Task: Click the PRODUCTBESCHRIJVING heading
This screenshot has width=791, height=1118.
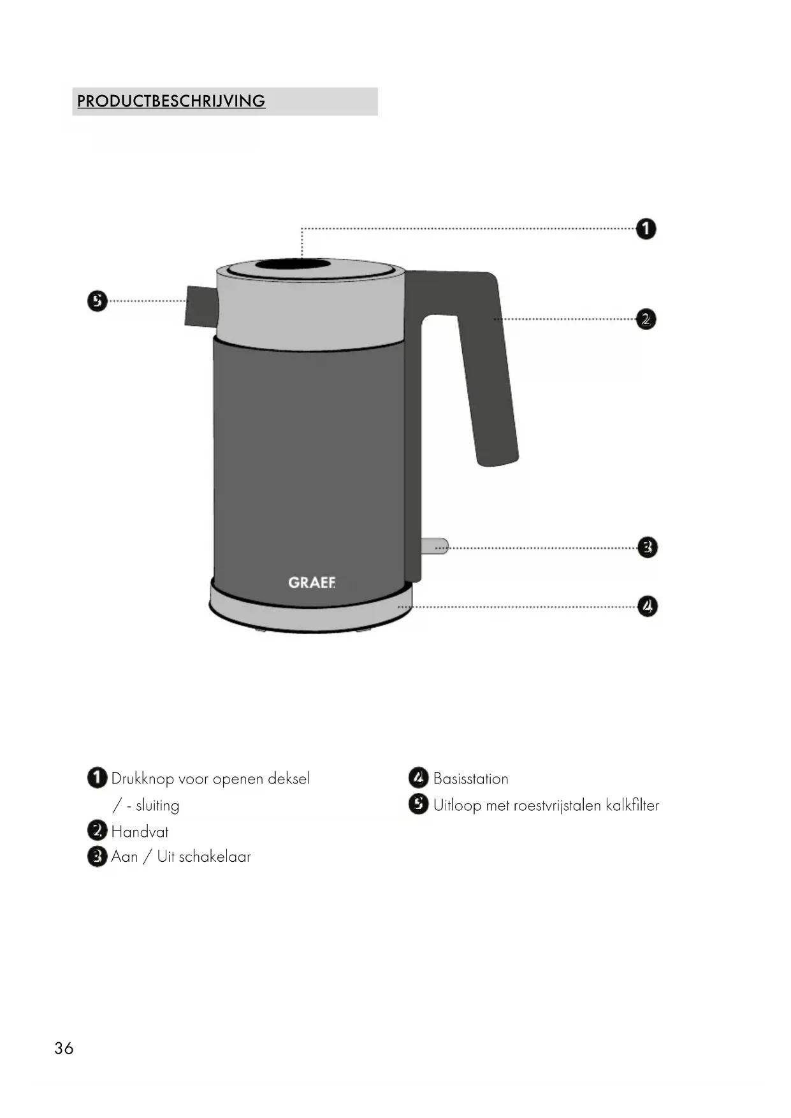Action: point(171,101)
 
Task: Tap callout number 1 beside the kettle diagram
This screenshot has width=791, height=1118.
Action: point(646,229)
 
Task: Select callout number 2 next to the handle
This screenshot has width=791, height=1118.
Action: point(646,319)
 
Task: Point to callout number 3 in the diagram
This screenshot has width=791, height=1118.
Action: point(647,547)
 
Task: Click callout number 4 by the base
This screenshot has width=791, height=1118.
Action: point(647,606)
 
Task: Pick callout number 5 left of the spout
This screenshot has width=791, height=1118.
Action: point(97,301)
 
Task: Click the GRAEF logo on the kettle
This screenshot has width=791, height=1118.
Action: point(311,583)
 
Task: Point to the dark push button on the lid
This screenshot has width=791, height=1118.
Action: point(293,265)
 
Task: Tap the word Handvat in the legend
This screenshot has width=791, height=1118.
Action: point(140,832)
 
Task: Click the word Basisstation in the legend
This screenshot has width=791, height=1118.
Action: point(470,779)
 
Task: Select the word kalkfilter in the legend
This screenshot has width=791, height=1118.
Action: point(632,806)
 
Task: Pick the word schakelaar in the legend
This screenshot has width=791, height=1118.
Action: point(215,857)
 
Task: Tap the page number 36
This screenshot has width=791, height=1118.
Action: point(64,1049)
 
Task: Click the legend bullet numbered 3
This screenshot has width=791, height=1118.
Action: point(97,857)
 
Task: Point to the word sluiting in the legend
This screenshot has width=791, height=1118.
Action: point(157,806)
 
